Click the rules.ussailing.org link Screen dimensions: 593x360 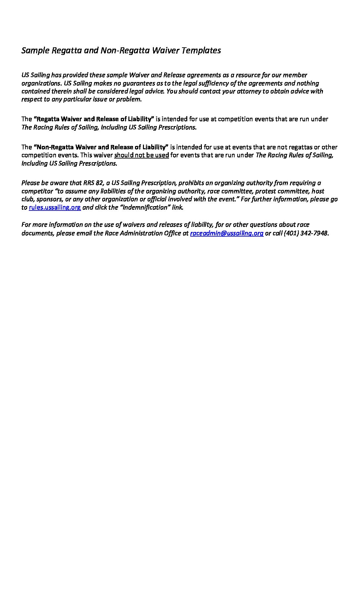click(x=55, y=207)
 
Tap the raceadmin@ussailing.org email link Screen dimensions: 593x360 click(x=227, y=233)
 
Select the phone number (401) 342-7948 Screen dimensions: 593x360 click(x=306, y=233)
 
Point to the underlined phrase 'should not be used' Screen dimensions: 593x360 click(x=142, y=155)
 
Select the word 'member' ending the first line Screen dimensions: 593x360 click(x=295, y=75)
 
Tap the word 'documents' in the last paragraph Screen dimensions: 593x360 click(x=37, y=233)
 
